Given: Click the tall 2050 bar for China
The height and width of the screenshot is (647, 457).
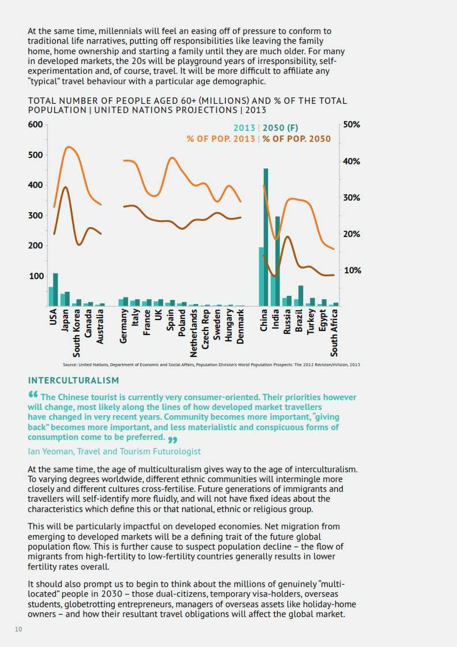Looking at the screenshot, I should (266, 237).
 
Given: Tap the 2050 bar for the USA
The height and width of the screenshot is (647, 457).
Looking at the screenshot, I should (55, 289).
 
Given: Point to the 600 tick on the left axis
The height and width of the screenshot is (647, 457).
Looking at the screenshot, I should (36, 125).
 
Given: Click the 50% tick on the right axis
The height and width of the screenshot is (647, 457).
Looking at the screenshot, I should (351, 125).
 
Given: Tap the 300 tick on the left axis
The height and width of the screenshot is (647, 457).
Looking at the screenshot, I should (36, 216).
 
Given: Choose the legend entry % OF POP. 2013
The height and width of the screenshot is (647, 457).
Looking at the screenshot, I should (221, 139).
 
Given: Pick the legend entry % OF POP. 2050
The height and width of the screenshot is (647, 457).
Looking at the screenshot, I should (297, 139).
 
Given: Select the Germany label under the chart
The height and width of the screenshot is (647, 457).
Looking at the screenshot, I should (124, 326).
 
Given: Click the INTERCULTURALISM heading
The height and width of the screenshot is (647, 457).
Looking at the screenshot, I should (73, 381).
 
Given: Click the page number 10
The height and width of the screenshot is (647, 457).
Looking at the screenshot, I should (18, 629).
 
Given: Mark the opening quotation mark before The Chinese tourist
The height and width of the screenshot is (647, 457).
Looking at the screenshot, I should (32, 395).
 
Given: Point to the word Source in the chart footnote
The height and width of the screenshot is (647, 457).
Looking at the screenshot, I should (70, 365).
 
